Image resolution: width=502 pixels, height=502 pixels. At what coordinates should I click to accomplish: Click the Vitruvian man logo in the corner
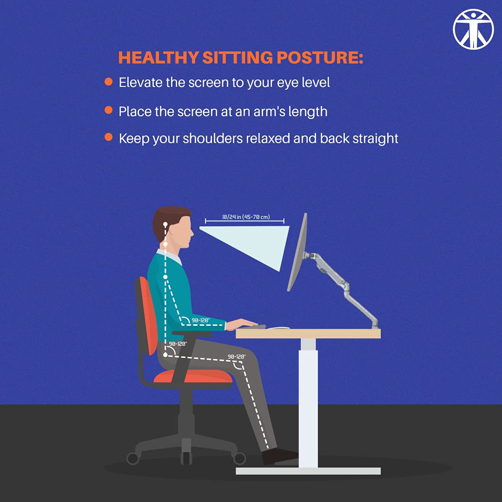[x=473, y=28]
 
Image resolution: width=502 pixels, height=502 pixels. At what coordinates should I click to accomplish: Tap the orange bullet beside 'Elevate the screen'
[x=108, y=82]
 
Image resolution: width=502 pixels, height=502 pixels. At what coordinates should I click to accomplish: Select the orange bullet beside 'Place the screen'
[x=108, y=110]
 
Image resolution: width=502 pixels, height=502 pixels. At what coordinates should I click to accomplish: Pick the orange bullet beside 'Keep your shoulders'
[x=108, y=137]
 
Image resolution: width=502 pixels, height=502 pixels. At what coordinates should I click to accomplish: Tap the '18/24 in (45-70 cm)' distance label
[x=246, y=217]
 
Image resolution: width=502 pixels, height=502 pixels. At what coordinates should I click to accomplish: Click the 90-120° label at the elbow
[x=201, y=320]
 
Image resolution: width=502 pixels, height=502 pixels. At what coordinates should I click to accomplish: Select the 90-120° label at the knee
[x=236, y=357]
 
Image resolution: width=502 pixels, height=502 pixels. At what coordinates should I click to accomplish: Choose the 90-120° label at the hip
[x=178, y=343]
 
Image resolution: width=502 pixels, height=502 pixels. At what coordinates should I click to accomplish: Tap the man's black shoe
[x=279, y=456]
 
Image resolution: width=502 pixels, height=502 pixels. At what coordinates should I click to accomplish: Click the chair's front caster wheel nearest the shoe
[x=240, y=459]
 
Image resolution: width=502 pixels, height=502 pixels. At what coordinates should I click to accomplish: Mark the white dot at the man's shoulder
[x=165, y=277]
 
